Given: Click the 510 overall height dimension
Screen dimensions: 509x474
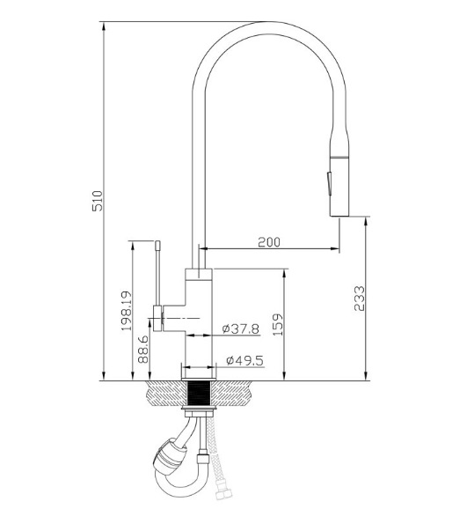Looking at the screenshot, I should [x=98, y=200].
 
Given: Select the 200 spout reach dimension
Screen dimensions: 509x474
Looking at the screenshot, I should [x=269, y=241].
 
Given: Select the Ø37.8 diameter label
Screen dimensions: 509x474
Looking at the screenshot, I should [x=241, y=328].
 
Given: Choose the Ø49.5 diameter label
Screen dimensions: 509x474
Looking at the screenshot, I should [x=243, y=360].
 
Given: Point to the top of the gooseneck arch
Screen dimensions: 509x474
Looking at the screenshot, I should [x=268, y=24].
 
